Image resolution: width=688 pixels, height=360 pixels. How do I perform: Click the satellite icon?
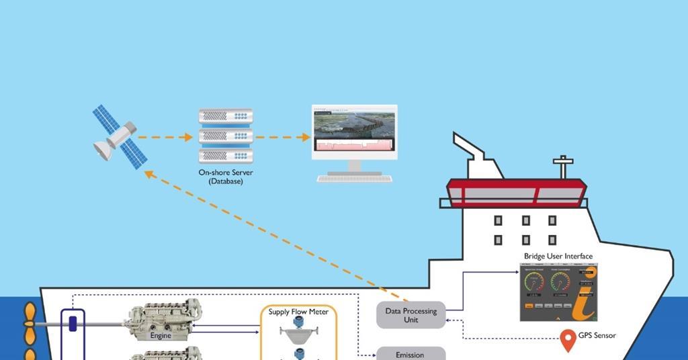coord(120,136)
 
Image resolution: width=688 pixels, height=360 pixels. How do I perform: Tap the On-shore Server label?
coord(226,173)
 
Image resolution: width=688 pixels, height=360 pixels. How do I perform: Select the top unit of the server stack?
coord(226,116)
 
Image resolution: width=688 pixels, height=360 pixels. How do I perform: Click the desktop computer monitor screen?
coord(354,132)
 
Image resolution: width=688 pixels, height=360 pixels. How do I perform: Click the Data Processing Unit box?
coord(411,316)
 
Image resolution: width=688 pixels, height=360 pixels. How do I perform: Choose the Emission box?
coord(411,354)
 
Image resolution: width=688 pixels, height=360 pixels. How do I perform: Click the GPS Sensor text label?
coord(598,335)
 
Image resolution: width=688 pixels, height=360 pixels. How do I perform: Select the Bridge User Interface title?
coord(558,256)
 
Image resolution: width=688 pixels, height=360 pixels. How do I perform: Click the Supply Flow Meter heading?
coord(298,312)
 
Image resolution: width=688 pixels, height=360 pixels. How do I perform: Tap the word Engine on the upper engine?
coord(161,335)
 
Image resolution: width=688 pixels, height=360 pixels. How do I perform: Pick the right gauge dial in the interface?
coord(560,283)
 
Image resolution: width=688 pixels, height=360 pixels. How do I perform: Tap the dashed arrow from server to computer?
coord(283,138)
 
